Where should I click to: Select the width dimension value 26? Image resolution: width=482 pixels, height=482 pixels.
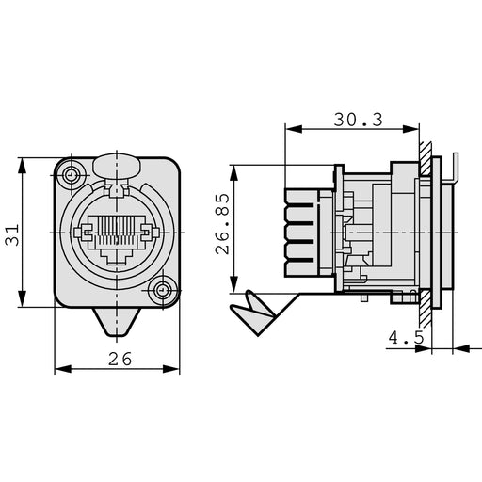click(x=119, y=359)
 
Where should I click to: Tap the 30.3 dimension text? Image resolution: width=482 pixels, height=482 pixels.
click(x=357, y=119)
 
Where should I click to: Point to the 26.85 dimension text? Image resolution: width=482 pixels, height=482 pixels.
click(x=222, y=225)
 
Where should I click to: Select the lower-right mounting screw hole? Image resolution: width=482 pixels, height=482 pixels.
click(x=166, y=292)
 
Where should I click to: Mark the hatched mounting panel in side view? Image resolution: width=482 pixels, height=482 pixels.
click(x=426, y=235)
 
